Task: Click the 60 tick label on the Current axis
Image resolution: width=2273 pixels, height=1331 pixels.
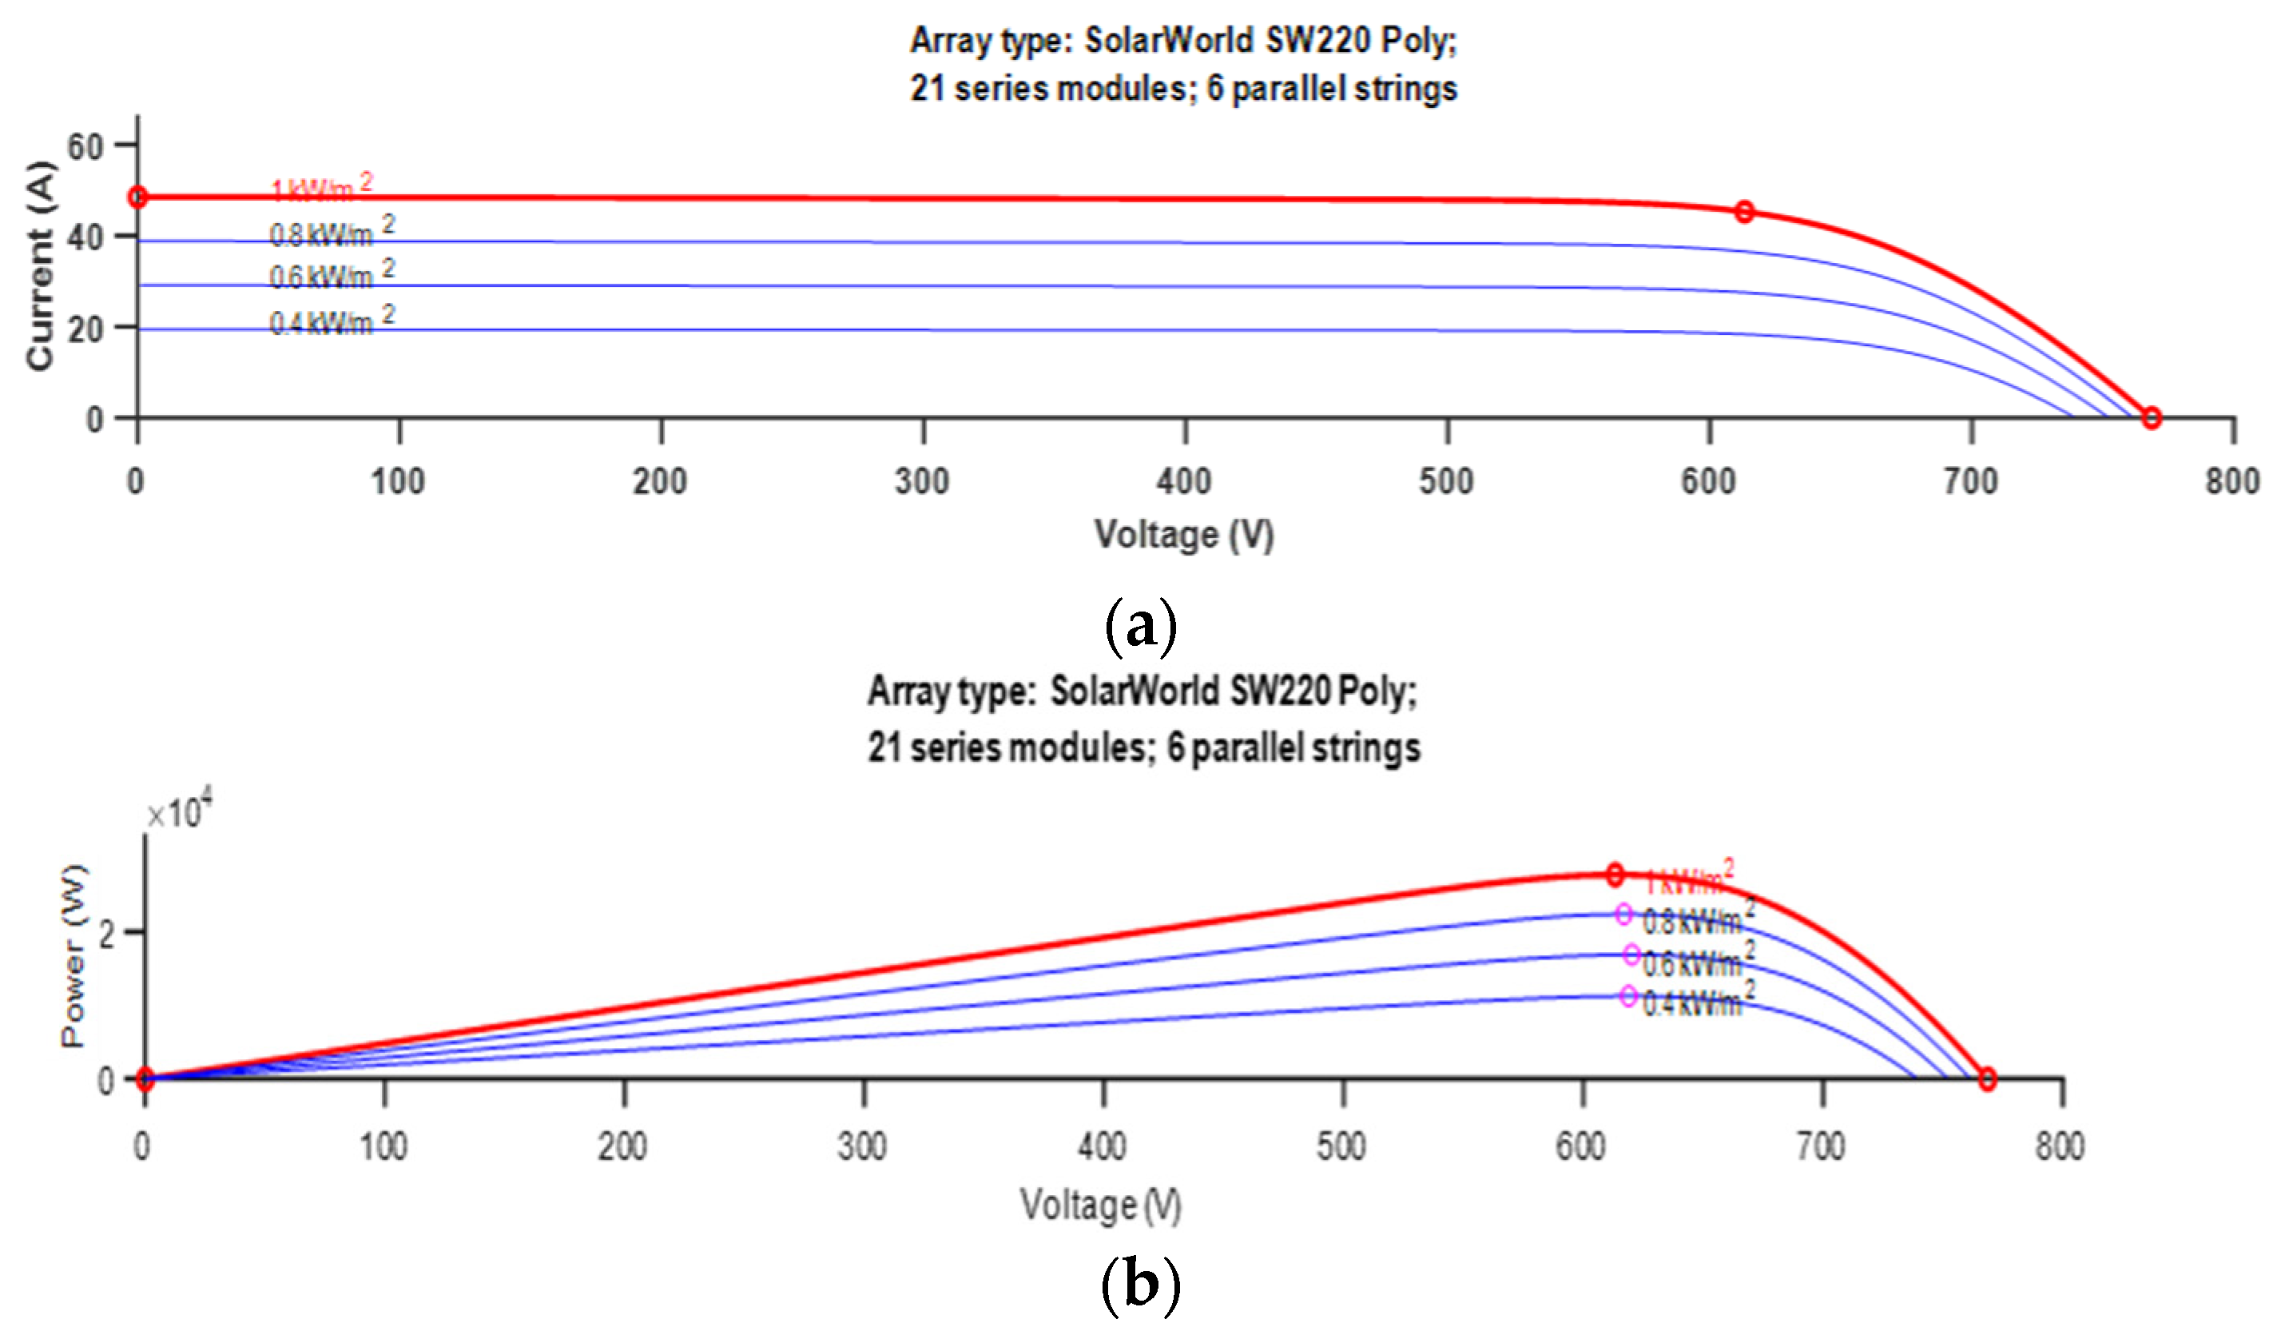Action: coord(85,146)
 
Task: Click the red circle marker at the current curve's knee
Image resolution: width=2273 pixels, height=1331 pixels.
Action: coord(1744,212)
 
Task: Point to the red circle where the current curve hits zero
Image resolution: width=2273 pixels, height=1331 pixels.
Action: coord(2152,418)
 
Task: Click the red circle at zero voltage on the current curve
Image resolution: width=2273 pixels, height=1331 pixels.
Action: coord(138,197)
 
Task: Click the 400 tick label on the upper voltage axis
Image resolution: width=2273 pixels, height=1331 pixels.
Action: coord(1184,481)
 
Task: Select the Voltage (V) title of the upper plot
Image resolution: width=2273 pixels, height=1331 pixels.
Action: coord(1184,534)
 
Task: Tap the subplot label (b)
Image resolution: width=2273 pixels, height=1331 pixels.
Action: coord(1140,1283)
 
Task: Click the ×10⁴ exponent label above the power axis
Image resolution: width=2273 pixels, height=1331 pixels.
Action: coord(180,811)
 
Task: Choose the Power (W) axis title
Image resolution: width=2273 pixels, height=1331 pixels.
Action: coord(74,957)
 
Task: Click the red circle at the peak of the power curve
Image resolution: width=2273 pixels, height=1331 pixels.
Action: coord(1615,874)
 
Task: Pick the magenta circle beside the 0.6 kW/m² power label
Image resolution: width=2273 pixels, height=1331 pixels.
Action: coord(1631,954)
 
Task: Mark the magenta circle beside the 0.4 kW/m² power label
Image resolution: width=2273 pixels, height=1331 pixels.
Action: coord(1628,996)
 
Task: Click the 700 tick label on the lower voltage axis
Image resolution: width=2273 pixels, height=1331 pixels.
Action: coord(1821,1147)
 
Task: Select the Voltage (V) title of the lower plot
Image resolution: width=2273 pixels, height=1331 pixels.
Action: coord(1100,1205)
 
